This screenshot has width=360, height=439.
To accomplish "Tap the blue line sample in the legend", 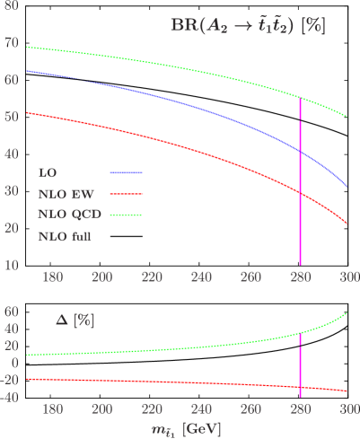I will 126,171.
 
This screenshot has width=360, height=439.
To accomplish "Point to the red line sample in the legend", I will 126,193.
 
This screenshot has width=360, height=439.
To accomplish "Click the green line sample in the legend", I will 126,215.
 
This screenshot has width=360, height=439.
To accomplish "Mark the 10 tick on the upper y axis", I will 12,265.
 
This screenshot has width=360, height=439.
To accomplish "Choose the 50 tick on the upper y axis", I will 12,117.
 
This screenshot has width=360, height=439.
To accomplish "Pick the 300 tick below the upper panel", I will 347,278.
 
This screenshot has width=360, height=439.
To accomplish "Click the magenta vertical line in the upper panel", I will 300,180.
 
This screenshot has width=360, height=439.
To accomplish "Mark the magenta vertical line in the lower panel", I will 300,359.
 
